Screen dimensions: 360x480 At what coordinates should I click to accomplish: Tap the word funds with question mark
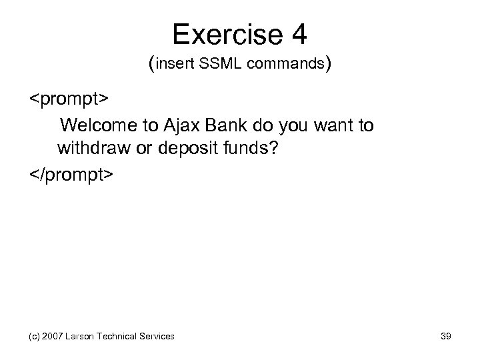click(249, 149)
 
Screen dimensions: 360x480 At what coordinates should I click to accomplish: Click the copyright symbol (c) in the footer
click(35, 337)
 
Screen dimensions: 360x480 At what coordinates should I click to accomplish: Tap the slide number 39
click(445, 337)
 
